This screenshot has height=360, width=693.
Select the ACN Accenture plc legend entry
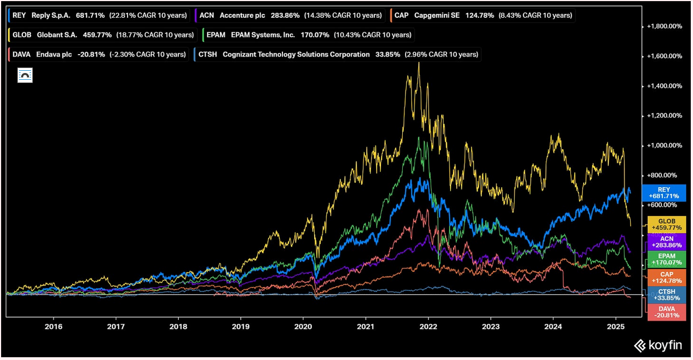point(287,15)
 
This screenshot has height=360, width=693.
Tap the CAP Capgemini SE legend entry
point(482,15)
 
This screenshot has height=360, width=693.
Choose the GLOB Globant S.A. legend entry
point(103,35)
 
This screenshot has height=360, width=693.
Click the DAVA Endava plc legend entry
point(98,55)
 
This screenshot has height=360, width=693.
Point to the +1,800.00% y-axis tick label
point(663,26)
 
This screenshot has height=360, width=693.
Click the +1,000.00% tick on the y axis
point(663,145)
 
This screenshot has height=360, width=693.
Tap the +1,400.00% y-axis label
point(663,86)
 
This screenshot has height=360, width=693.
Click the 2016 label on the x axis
point(53,327)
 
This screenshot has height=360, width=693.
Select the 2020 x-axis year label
point(303,327)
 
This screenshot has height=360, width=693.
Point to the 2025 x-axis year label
point(616,327)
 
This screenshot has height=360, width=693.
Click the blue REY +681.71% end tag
point(663,193)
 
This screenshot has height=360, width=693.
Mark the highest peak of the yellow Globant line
point(418,62)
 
